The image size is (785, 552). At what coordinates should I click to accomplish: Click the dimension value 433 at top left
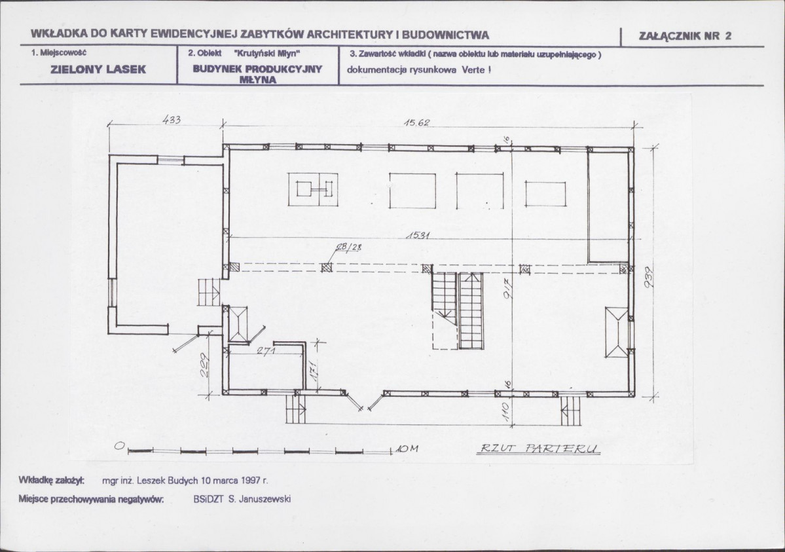click(172, 120)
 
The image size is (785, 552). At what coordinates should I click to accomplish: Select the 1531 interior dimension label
click(418, 234)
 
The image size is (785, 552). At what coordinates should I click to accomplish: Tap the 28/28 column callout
click(351, 246)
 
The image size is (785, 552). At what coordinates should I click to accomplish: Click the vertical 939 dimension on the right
click(649, 276)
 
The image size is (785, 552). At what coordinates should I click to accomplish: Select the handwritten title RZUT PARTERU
click(539, 449)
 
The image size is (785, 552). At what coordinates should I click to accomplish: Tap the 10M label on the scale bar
click(407, 449)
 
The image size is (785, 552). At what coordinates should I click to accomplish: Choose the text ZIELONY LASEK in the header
click(98, 69)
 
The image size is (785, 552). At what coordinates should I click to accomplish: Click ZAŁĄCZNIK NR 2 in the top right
click(685, 35)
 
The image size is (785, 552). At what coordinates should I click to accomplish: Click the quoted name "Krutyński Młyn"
click(267, 53)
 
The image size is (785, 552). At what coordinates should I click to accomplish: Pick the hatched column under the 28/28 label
click(327, 267)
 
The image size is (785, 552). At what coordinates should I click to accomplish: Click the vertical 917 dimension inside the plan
click(505, 289)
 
